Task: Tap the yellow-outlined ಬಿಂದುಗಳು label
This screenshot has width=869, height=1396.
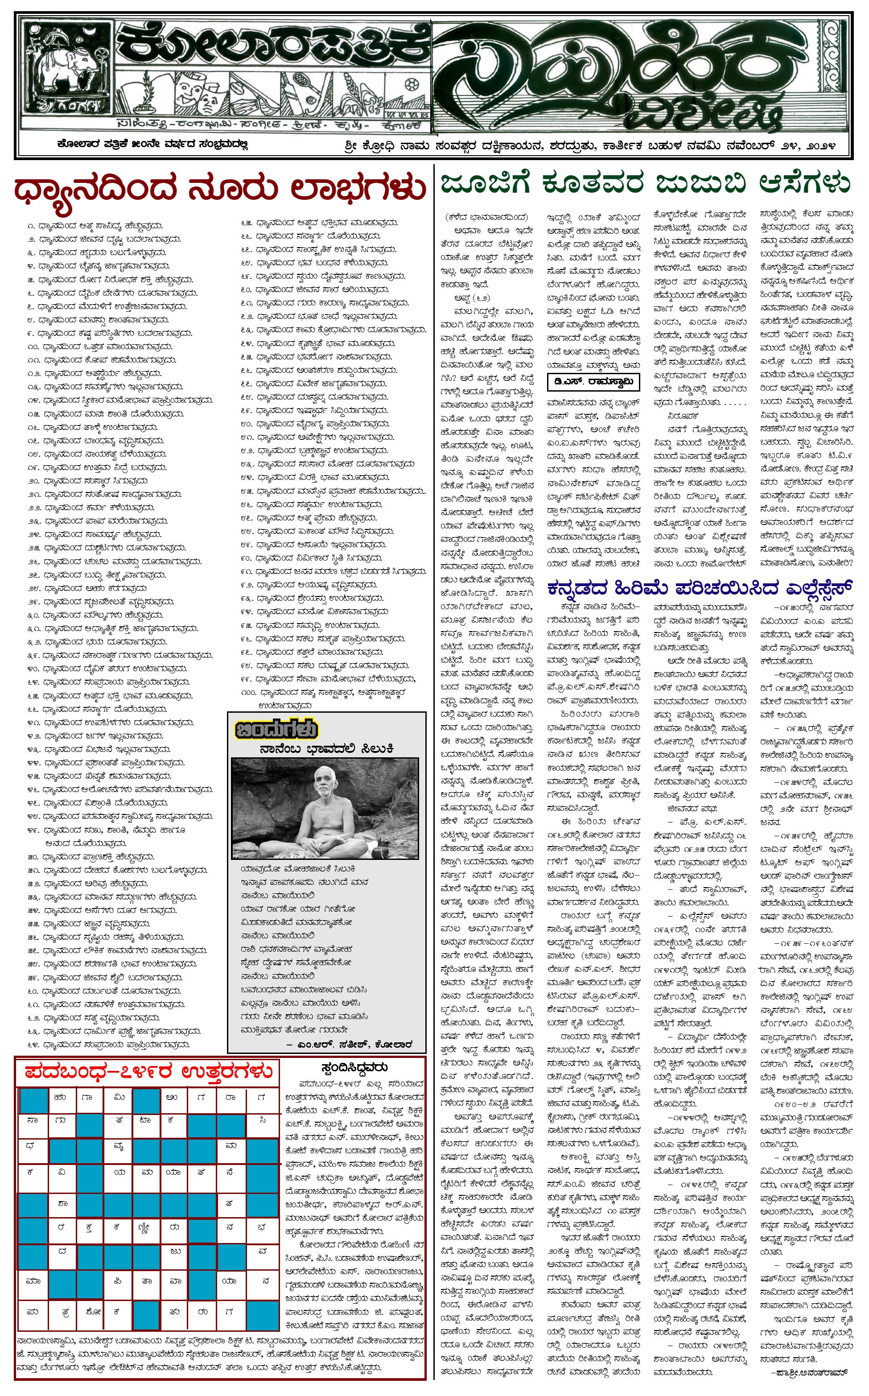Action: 276,730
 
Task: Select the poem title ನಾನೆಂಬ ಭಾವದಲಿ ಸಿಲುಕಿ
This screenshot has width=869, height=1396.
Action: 326,748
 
